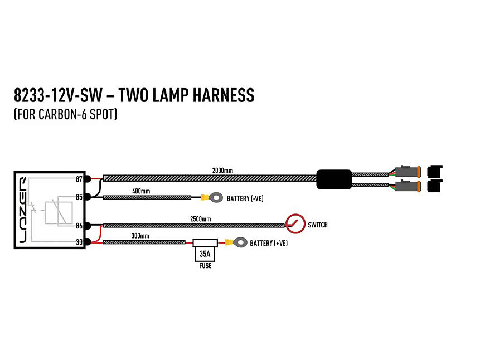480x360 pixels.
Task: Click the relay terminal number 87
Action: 79,179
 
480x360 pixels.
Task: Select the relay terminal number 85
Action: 79,197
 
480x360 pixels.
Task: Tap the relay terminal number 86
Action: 79,226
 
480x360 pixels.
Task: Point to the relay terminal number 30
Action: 79,242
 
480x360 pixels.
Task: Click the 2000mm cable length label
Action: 222,171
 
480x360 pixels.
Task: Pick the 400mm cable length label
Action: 141,191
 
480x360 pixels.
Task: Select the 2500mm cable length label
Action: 201,219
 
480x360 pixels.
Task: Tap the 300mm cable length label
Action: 140,236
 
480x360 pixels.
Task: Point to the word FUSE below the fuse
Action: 205,266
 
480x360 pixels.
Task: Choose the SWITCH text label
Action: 318,225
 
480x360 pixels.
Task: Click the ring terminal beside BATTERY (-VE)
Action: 216,197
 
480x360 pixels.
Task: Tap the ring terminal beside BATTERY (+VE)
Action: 241,242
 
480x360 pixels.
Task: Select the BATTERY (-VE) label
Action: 245,198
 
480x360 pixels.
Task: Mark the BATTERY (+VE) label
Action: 269,243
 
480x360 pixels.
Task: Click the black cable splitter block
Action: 334,179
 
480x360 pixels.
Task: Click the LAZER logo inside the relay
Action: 23,210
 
